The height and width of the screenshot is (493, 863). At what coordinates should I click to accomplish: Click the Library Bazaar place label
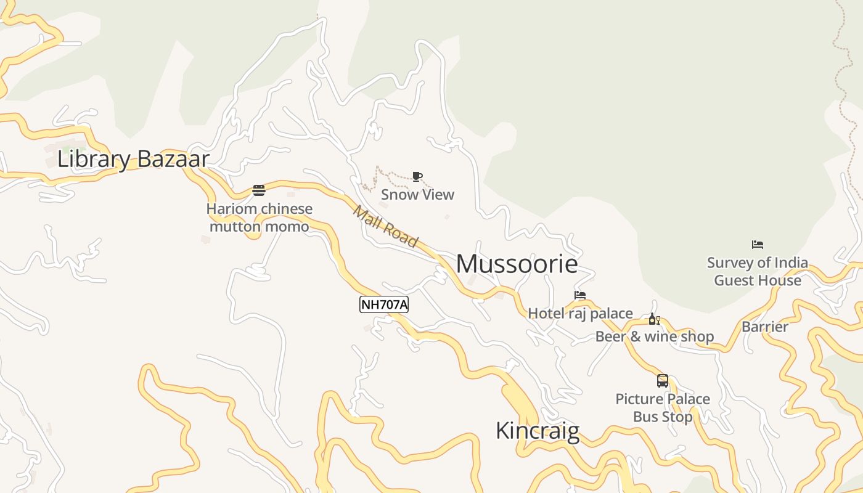(x=133, y=159)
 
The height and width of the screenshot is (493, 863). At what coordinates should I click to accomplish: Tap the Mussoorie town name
(x=517, y=264)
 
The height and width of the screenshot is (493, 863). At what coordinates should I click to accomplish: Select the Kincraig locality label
(x=538, y=431)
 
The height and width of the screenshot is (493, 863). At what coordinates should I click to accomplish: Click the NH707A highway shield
(x=384, y=304)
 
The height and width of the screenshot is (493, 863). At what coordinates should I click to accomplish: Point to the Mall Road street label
(x=385, y=227)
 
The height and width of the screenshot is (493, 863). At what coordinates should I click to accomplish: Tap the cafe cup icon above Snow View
(x=417, y=177)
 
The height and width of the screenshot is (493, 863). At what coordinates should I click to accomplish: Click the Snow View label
(x=417, y=195)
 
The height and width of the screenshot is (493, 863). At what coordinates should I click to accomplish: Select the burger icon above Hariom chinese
(x=259, y=190)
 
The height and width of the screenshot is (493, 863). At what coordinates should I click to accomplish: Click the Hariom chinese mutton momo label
(x=260, y=218)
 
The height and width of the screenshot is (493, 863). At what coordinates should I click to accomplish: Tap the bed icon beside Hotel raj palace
(x=580, y=295)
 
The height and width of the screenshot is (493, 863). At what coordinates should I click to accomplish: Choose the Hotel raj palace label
(x=580, y=314)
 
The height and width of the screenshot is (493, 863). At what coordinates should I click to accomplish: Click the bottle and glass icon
(x=654, y=319)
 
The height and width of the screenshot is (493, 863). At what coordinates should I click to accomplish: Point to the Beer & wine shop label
(x=654, y=336)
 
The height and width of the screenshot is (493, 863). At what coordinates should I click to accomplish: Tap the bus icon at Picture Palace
(x=663, y=381)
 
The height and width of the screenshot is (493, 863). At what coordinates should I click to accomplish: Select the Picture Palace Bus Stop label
(x=663, y=408)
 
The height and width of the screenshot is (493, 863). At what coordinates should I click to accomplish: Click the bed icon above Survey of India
(x=758, y=245)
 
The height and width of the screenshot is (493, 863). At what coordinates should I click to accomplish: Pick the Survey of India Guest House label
(x=758, y=272)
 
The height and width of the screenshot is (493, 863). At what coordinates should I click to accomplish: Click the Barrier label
(x=765, y=327)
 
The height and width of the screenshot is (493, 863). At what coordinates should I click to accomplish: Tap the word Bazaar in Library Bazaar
(x=173, y=159)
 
